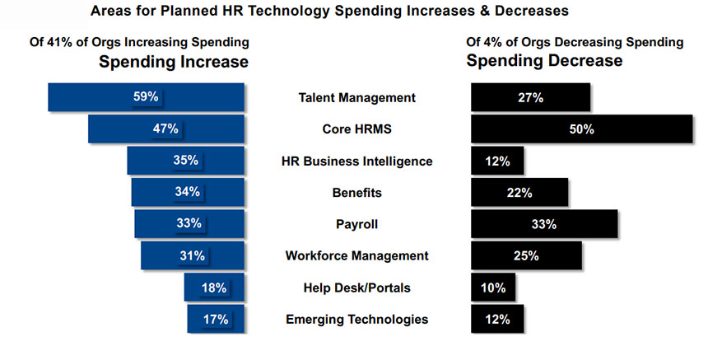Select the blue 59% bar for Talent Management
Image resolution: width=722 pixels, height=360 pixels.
(147, 97)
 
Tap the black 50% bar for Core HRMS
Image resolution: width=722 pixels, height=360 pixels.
(581, 129)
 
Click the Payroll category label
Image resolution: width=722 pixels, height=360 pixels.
(356, 224)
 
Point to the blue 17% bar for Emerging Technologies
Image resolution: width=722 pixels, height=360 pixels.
(216, 319)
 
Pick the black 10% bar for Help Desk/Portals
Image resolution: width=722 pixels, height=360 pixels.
(493, 288)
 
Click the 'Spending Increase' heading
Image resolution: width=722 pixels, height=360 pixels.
(174, 61)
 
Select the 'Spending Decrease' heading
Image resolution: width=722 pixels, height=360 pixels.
(544, 61)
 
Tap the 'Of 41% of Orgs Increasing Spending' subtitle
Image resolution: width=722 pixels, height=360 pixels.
(144, 41)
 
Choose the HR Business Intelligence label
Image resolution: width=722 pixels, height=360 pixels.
(356, 161)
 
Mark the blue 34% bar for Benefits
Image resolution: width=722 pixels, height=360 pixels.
(188, 192)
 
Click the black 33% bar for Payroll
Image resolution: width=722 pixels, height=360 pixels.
(544, 224)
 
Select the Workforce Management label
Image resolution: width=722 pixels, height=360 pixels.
(356, 255)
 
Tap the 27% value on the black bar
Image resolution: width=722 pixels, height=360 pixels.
(530, 97)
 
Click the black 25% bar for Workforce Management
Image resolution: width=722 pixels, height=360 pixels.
(526, 255)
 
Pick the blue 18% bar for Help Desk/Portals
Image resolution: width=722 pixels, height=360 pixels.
(214, 288)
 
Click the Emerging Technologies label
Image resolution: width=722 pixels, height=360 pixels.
(356, 319)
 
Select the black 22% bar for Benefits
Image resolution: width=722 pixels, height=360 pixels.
(519, 192)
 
